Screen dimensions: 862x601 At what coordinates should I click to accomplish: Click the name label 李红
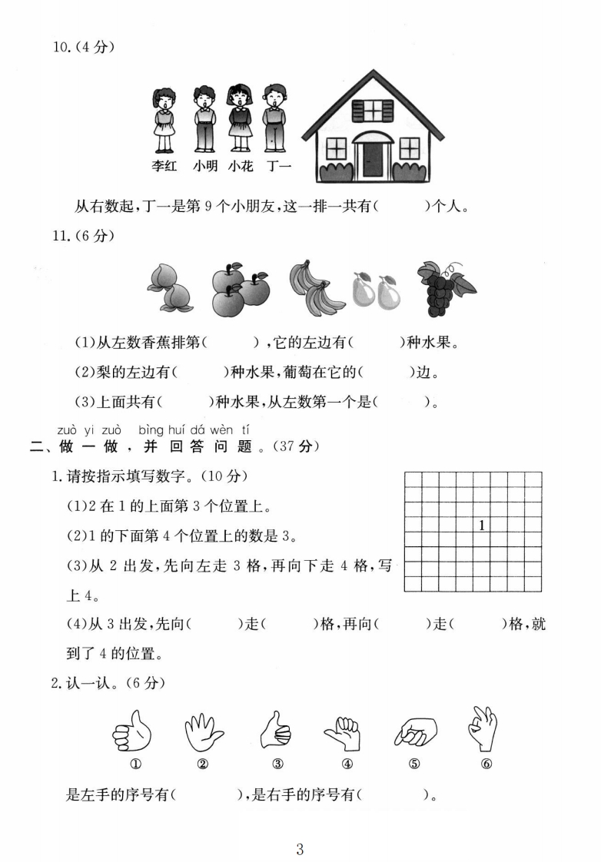pos(164,165)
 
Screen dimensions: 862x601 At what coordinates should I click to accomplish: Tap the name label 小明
pos(205,165)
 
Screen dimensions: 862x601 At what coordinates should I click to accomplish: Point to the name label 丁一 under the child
pos(278,165)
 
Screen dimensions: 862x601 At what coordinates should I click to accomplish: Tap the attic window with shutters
pos(372,111)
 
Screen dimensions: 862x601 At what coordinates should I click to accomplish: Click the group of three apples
pos(239,287)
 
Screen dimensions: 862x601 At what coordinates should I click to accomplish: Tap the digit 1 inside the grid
pos(481,526)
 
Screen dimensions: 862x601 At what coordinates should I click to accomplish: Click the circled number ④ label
pos(347,764)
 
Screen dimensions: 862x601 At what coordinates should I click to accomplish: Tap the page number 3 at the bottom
pos(300,849)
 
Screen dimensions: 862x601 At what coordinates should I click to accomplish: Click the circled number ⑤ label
pos(416,764)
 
